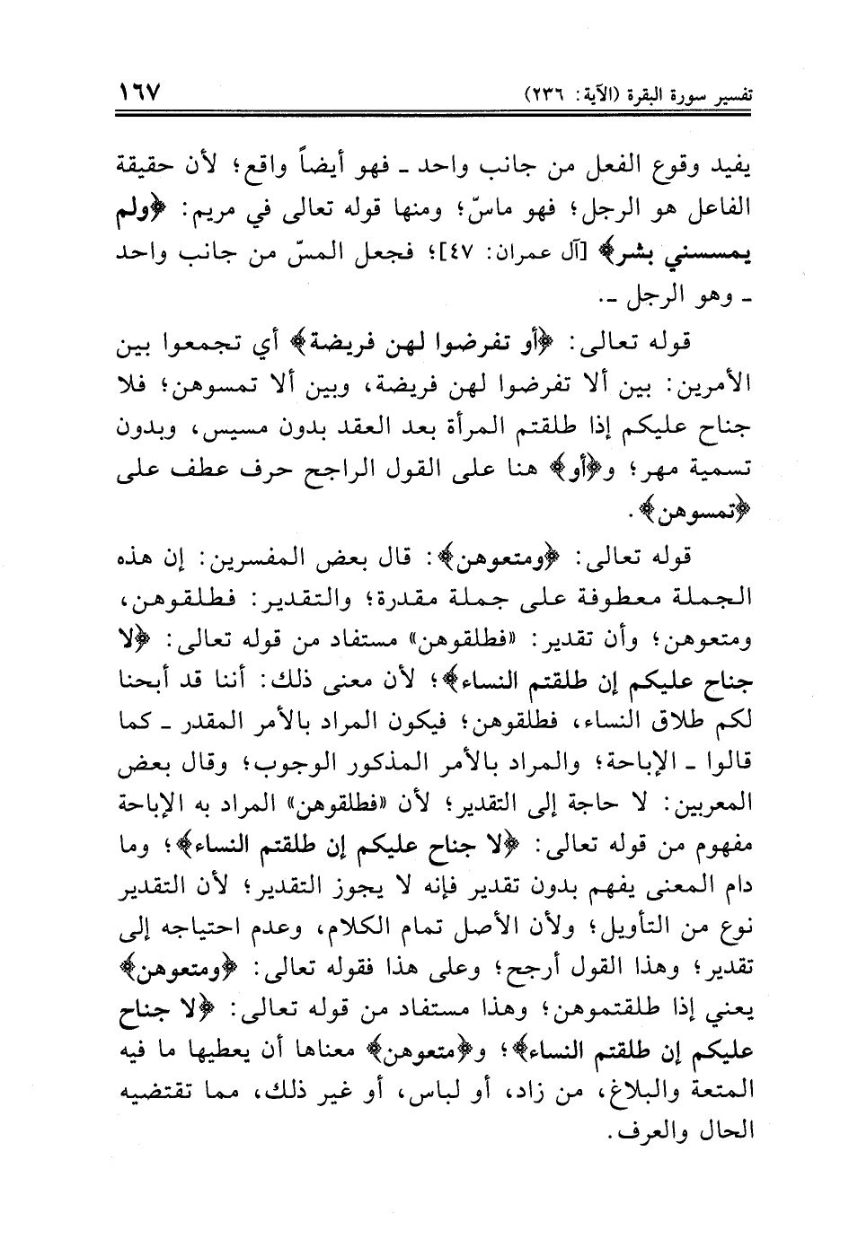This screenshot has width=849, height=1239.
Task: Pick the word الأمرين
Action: click(x=712, y=389)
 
